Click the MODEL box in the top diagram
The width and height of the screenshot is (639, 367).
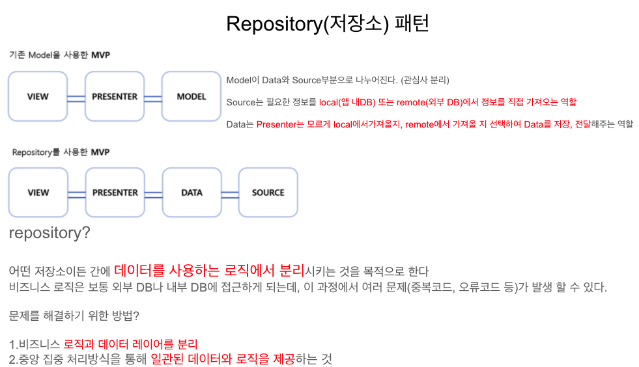point(192,97)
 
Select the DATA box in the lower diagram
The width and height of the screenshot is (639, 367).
point(192,193)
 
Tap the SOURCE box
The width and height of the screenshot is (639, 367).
point(268,193)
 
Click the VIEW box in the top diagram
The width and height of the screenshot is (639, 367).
point(38,97)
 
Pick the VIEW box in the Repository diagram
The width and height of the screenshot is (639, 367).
point(38,193)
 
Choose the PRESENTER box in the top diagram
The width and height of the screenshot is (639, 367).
point(115,97)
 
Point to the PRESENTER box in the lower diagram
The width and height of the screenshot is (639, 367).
point(115,193)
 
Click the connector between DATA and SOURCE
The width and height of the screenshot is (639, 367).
point(229,193)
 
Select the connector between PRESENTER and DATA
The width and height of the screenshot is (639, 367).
point(153,193)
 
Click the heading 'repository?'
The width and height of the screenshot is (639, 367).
point(50,233)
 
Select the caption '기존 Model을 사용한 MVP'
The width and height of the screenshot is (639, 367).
point(59,55)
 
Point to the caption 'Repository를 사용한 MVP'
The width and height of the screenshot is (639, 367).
point(61,152)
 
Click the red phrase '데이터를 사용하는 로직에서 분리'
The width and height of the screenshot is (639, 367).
point(209,270)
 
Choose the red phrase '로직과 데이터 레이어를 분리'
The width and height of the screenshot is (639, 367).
point(130,344)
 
